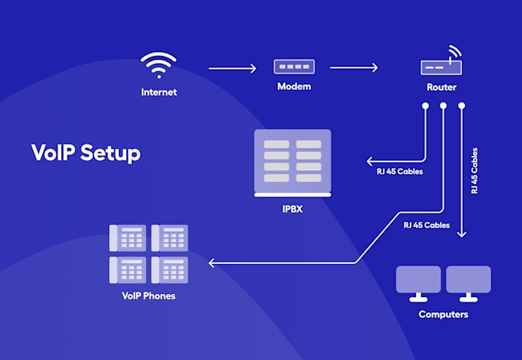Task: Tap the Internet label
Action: [x=159, y=92]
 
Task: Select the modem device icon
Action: [x=294, y=68]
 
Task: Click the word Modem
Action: [x=294, y=87]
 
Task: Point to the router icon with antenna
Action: [x=441, y=64]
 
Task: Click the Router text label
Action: [x=441, y=88]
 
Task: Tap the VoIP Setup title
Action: [x=86, y=152]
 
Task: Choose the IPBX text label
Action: [x=292, y=207]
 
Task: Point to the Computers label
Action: [x=443, y=315]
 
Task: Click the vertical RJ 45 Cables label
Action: [x=474, y=170]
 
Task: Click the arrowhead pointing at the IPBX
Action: [x=370, y=162]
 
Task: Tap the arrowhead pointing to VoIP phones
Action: [x=213, y=263]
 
